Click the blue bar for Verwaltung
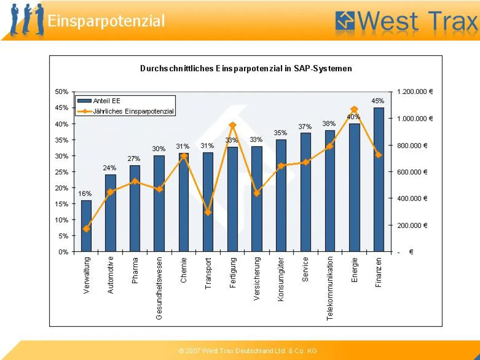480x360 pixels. point(86,226)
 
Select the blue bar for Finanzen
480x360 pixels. point(378,180)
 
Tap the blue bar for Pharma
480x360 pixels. point(135,208)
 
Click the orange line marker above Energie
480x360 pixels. point(354,110)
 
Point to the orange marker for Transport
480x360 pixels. point(208,212)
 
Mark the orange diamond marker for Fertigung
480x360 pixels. point(232,126)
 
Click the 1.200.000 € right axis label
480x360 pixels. point(415,92)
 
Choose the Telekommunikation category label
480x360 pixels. point(330,288)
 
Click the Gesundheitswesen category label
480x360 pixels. point(159,288)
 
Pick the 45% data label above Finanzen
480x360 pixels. point(378,101)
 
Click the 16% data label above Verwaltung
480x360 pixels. point(85,194)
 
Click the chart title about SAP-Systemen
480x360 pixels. point(246,68)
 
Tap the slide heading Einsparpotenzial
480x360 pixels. point(106,21)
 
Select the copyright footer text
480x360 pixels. point(248,351)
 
